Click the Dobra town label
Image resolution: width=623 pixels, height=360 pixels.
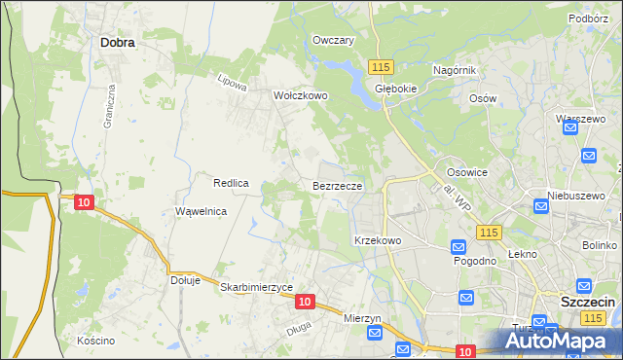tap(117, 42)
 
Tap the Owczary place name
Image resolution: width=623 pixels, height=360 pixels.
tap(332, 40)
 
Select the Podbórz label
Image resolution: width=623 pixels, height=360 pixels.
tap(590, 18)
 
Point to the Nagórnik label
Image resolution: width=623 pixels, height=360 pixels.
tap(454, 70)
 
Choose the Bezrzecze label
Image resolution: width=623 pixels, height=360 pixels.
tap(338, 185)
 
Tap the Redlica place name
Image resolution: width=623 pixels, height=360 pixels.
tap(233, 182)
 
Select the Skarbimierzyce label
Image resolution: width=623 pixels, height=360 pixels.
tap(257, 288)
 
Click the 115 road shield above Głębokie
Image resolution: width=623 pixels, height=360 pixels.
tap(380, 65)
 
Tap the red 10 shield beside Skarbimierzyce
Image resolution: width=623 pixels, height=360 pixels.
tap(305, 302)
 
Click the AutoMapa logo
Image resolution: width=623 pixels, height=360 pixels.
tap(561, 341)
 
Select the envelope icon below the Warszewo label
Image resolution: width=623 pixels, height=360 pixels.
tap(588, 155)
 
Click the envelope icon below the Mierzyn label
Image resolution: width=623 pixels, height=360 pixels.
tap(376, 333)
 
